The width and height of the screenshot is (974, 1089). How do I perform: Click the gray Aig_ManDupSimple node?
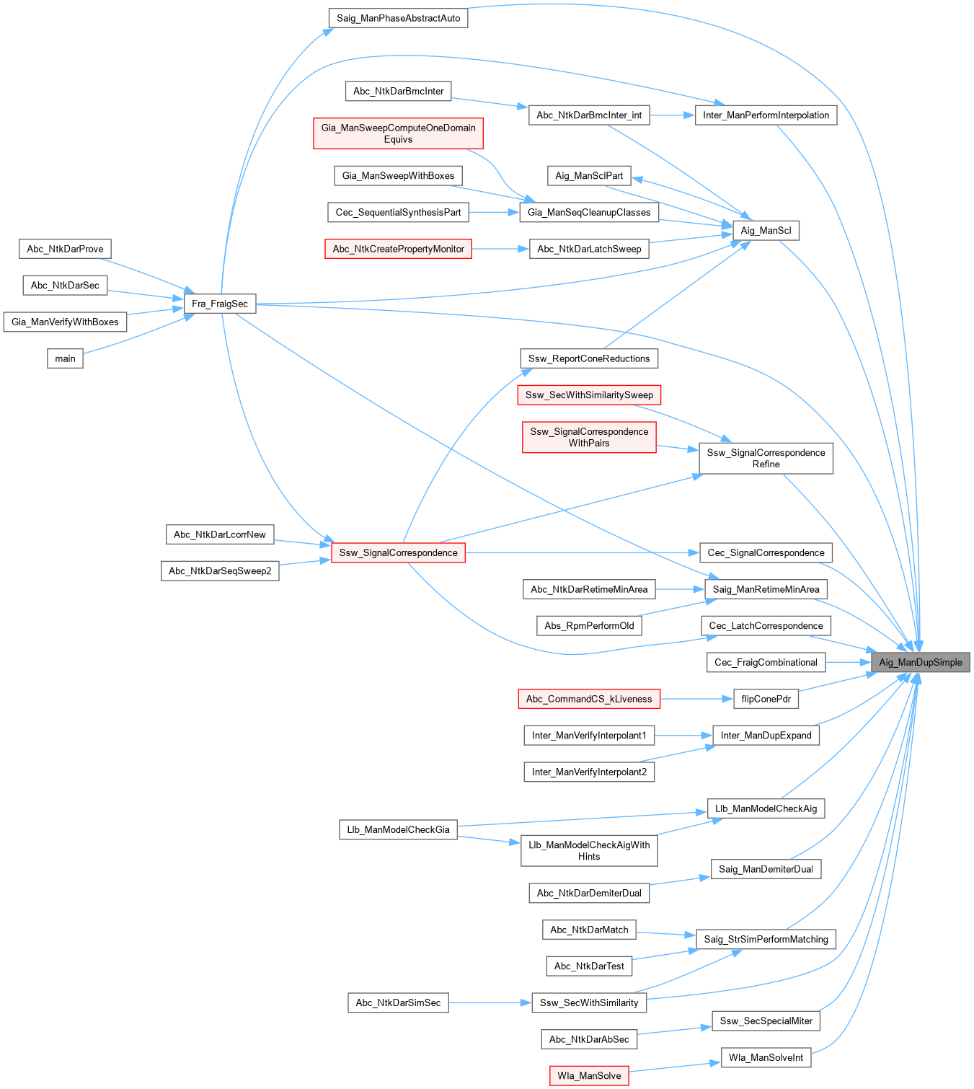(x=920, y=662)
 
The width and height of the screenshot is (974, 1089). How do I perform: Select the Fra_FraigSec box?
(x=220, y=304)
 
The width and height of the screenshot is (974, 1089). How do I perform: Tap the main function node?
(x=65, y=358)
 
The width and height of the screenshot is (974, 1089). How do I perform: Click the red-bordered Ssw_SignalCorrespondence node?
(x=398, y=552)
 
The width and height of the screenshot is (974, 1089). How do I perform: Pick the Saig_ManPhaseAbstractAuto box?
(x=398, y=18)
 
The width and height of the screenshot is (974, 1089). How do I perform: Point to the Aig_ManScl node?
(x=766, y=231)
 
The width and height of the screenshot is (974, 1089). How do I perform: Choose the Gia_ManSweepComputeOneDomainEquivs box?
(x=398, y=133)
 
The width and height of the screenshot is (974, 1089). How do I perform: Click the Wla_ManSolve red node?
(x=589, y=1075)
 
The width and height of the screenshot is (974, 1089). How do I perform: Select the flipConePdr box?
(x=766, y=698)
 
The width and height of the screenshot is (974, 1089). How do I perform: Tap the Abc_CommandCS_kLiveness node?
(x=589, y=698)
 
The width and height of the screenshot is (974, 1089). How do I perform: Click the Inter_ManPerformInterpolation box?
(x=766, y=115)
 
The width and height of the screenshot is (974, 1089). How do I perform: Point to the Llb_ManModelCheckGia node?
(x=398, y=829)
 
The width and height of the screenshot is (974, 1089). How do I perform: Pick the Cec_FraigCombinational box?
(x=766, y=662)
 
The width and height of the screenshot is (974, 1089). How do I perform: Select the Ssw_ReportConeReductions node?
(x=589, y=358)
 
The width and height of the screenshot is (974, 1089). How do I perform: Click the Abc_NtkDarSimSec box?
(x=398, y=1002)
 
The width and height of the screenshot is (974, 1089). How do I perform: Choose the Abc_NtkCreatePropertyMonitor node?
(x=398, y=249)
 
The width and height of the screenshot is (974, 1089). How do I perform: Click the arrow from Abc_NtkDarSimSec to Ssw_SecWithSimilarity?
(x=490, y=1002)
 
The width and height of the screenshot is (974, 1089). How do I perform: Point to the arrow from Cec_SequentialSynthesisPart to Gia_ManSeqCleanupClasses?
(x=494, y=212)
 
